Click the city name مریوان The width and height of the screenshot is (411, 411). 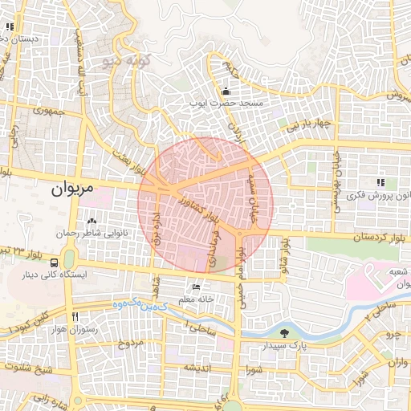[72, 189]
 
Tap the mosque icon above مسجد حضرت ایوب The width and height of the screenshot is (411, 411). [226, 90]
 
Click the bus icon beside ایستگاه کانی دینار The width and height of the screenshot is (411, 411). [54, 262]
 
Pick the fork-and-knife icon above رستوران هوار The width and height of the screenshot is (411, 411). [75, 316]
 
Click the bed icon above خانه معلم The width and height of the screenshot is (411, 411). [197, 287]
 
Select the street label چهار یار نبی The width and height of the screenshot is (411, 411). [311, 125]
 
